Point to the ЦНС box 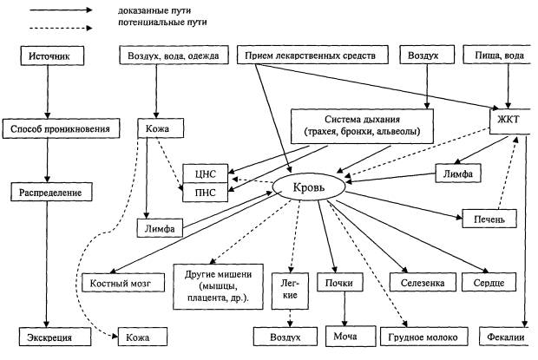[205, 170]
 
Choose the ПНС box [205, 189]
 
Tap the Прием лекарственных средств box [310, 57]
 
